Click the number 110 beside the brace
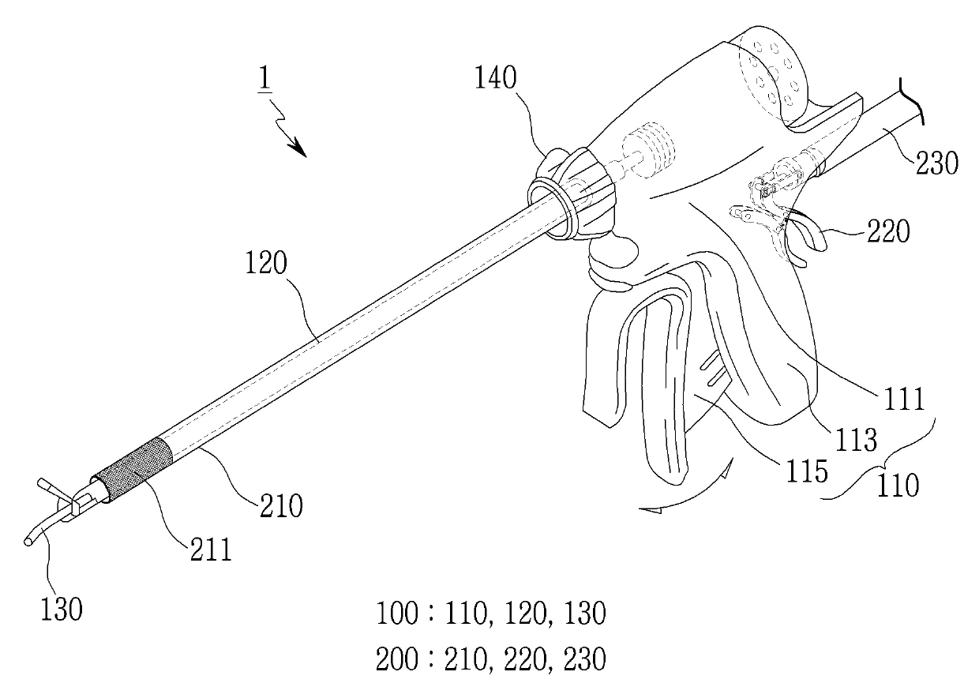[898, 486]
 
